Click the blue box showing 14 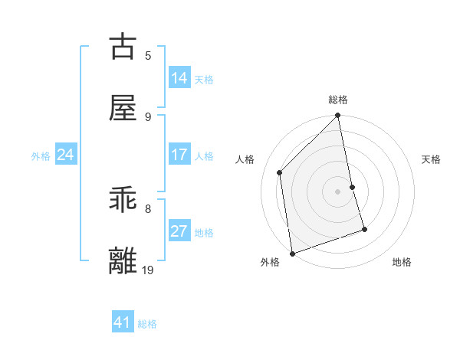[x=179, y=78]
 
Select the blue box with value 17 [x=179, y=155]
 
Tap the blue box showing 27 [x=179, y=231]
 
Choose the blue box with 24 [x=66, y=155]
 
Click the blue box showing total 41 [x=123, y=322]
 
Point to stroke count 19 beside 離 [x=149, y=270]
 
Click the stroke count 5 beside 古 [x=149, y=55]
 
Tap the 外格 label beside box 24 [x=41, y=155]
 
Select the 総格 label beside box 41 [x=147, y=323]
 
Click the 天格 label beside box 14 [x=204, y=79]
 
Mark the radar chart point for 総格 [x=338, y=116]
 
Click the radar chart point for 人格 [x=280, y=172]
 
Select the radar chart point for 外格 [x=292, y=253]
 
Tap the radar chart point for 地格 [x=364, y=229]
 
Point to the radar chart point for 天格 [x=353, y=187]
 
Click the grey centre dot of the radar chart [x=338, y=191]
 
